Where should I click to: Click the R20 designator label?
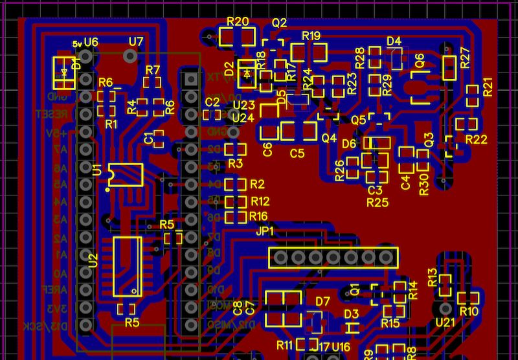pyautogui.click(x=238, y=21)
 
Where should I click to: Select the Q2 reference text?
pyautogui.click(x=279, y=23)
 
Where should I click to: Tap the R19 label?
pyautogui.click(x=311, y=36)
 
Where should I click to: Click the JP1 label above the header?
pyautogui.click(x=265, y=231)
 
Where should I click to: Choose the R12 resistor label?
pyautogui.click(x=259, y=201)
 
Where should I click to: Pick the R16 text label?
pyautogui.click(x=258, y=216)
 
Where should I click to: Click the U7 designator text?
pyautogui.click(x=135, y=41)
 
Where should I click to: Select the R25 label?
pyautogui.click(x=377, y=203)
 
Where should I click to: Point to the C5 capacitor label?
pyautogui.click(x=297, y=154)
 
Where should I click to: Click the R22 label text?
pyautogui.click(x=476, y=139)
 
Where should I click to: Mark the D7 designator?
pyautogui.click(x=322, y=301)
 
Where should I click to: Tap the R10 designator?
pyautogui.click(x=469, y=312)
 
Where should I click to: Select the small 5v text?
pyautogui.click(x=78, y=43)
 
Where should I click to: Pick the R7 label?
pyautogui.click(x=153, y=70)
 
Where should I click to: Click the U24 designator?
pyautogui.click(x=243, y=118)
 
